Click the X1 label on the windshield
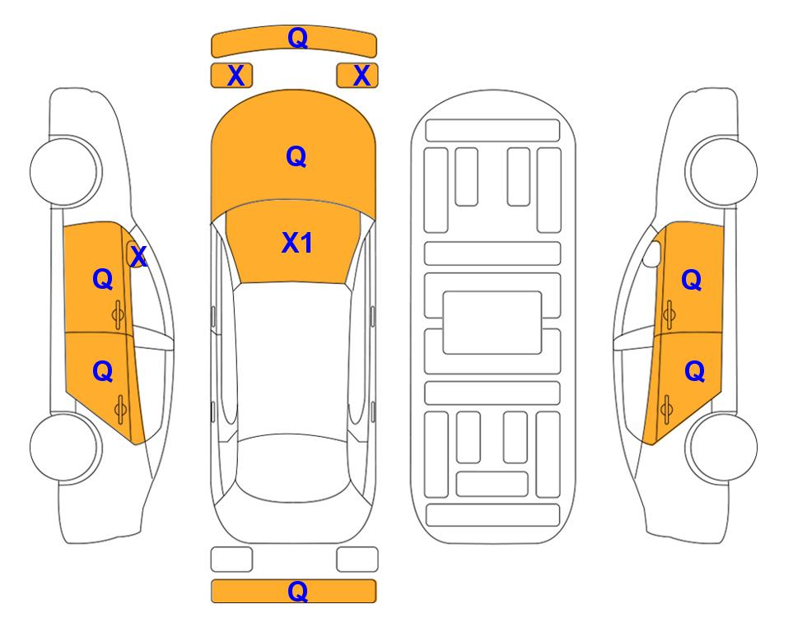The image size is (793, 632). point(297,243)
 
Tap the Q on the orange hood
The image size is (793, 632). point(296,156)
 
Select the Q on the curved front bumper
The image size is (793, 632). point(298,37)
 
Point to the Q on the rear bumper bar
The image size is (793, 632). point(298,591)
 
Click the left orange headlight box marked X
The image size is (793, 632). point(231,76)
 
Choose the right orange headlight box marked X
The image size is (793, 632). point(357,76)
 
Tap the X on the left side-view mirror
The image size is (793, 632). point(138,257)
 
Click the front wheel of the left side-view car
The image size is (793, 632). point(65,171)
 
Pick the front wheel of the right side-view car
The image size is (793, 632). point(721,171)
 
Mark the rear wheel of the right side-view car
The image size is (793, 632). point(721,447)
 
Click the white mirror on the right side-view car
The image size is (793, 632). point(652,253)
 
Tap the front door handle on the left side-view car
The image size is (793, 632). point(119,315)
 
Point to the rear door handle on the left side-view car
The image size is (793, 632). point(120,409)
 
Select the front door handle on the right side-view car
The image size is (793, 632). point(669,314)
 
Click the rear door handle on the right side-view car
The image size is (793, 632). point(666,409)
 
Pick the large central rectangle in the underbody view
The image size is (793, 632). point(492,323)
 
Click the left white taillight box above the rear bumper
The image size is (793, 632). point(231,560)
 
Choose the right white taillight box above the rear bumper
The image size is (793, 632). point(357,560)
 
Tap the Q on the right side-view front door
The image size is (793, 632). point(692,280)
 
